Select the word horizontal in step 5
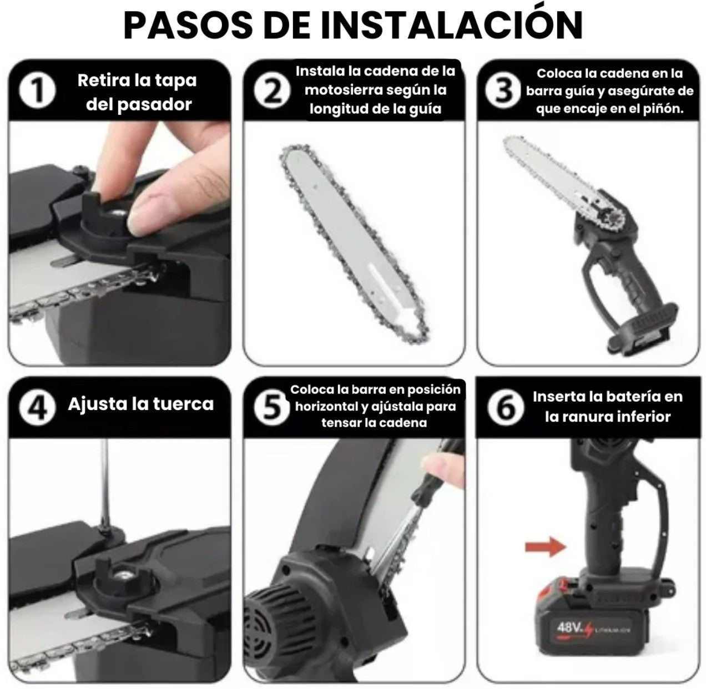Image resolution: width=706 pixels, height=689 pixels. point(326,406)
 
